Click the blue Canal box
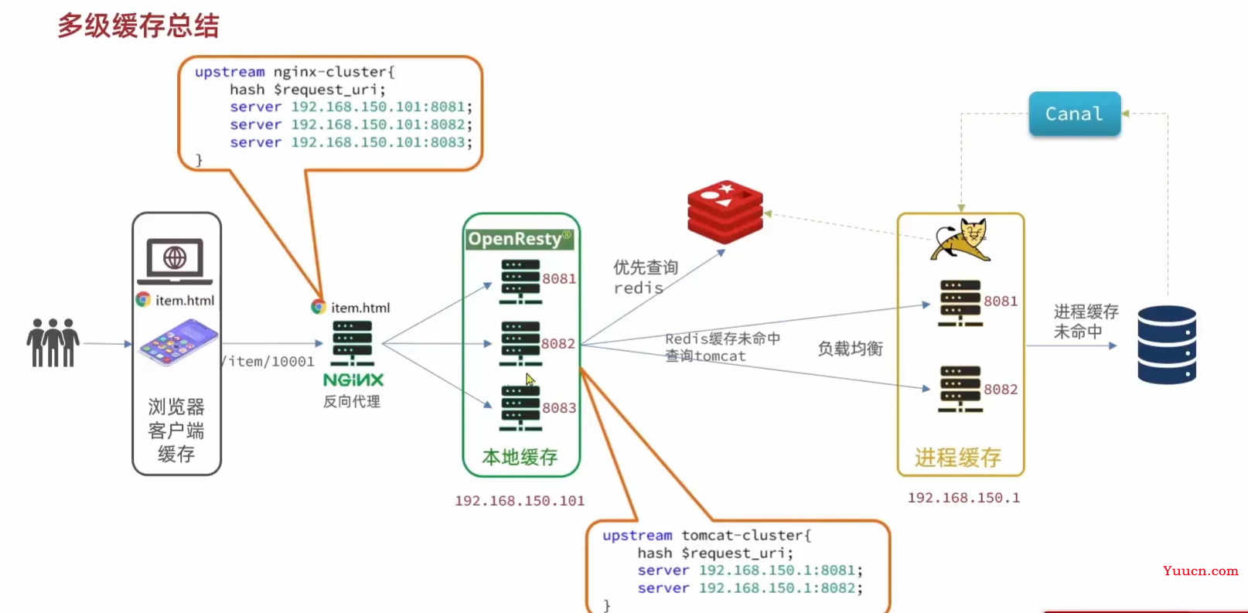point(1074,114)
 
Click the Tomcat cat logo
point(960,239)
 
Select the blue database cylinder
point(1167,345)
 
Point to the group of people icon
point(53,342)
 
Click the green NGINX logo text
point(353,380)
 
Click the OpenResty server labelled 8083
point(520,407)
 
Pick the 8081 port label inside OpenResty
point(559,278)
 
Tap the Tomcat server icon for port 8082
point(960,389)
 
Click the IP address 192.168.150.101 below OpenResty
point(520,501)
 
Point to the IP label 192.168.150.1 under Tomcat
point(963,498)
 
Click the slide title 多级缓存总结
point(138,26)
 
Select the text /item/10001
point(268,361)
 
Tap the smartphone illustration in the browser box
point(178,343)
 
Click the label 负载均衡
point(851,349)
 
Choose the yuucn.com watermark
point(1200,570)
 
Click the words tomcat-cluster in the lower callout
point(745,535)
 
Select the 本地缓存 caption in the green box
point(520,457)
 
